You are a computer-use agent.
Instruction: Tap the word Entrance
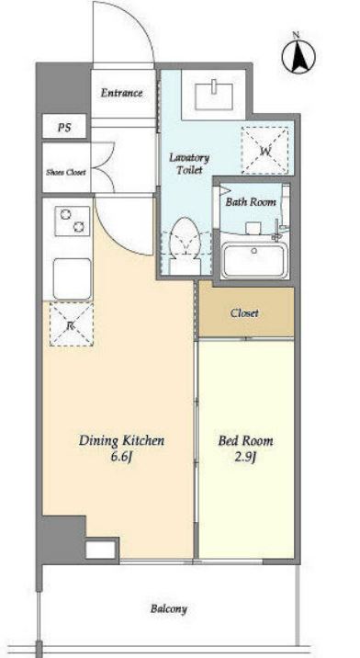[121, 93]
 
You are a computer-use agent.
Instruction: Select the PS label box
[64, 128]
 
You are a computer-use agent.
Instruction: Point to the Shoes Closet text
[66, 172]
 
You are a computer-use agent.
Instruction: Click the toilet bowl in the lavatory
[185, 244]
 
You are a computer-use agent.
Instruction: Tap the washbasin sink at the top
[214, 96]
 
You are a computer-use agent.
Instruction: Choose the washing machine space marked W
[265, 151]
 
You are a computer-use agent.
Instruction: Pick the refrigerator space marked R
[72, 324]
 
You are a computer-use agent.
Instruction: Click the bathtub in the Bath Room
[254, 260]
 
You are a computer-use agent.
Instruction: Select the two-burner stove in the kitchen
[73, 221]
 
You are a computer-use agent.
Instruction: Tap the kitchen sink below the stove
[73, 278]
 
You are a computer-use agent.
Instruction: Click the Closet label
[244, 313]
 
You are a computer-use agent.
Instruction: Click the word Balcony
[169, 609]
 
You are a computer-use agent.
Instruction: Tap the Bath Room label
[251, 202]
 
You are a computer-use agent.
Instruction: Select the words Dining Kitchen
[121, 440]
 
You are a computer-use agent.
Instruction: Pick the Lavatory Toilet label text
[189, 164]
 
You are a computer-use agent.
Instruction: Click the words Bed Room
[245, 441]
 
